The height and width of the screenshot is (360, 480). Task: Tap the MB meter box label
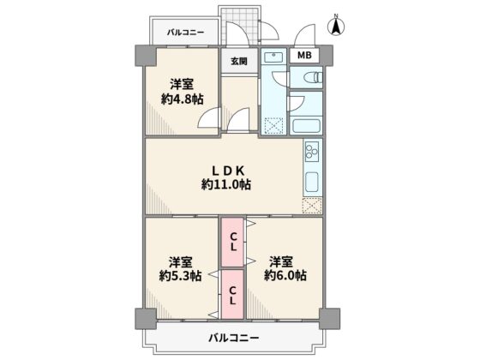[x=304, y=55]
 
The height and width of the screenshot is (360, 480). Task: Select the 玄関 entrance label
[x=239, y=61]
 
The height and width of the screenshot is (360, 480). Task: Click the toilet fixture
[x=313, y=77]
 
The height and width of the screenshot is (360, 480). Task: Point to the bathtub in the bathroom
[x=306, y=125]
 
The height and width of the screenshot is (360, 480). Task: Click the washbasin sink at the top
[x=274, y=57]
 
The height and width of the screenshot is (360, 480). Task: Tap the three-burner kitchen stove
[x=312, y=152]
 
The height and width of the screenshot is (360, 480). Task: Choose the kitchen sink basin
[x=312, y=182]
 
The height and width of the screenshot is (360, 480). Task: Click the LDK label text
[x=228, y=171]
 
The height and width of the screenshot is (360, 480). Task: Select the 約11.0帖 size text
[x=226, y=184]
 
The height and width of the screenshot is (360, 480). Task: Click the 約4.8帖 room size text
[x=182, y=99]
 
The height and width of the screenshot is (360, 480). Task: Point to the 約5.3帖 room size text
[x=180, y=276]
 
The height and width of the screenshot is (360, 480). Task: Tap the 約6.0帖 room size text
[x=285, y=275]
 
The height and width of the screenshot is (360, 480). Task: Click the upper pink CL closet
[x=232, y=242]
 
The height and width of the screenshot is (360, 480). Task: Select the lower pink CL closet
[x=232, y=295]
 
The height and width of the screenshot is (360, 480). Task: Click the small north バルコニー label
[x=185, y=33]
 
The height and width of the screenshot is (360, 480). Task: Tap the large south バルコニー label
[x=234, y=338]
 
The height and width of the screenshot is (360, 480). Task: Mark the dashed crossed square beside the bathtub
[x=273, y=126]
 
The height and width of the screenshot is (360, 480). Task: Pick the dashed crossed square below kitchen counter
[x=312, y=206]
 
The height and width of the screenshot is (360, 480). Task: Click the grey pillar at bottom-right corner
[x=329, y=319]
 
